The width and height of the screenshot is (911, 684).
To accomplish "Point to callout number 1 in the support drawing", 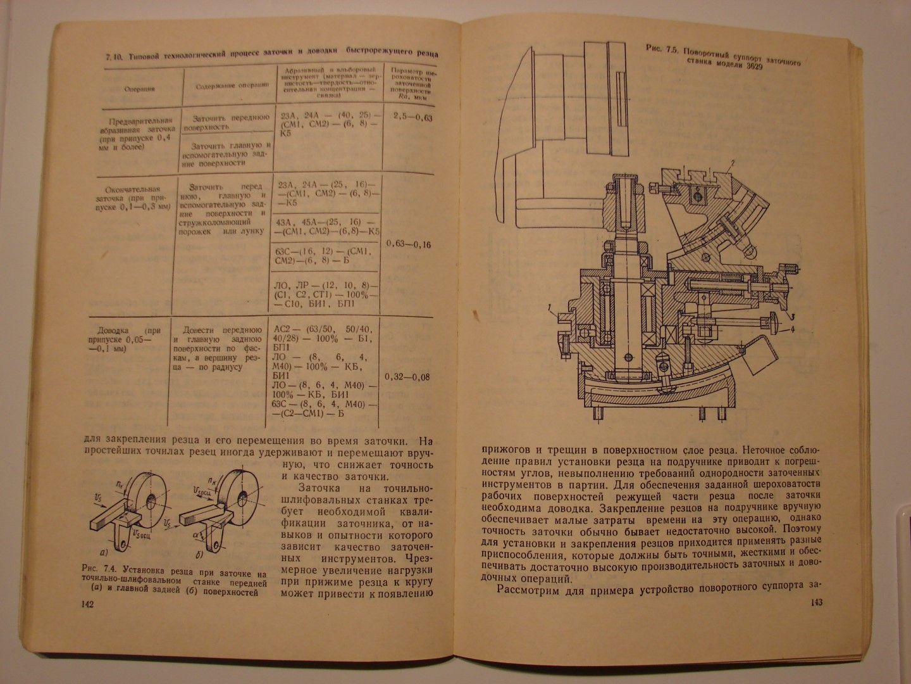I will tap(551, 309).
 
